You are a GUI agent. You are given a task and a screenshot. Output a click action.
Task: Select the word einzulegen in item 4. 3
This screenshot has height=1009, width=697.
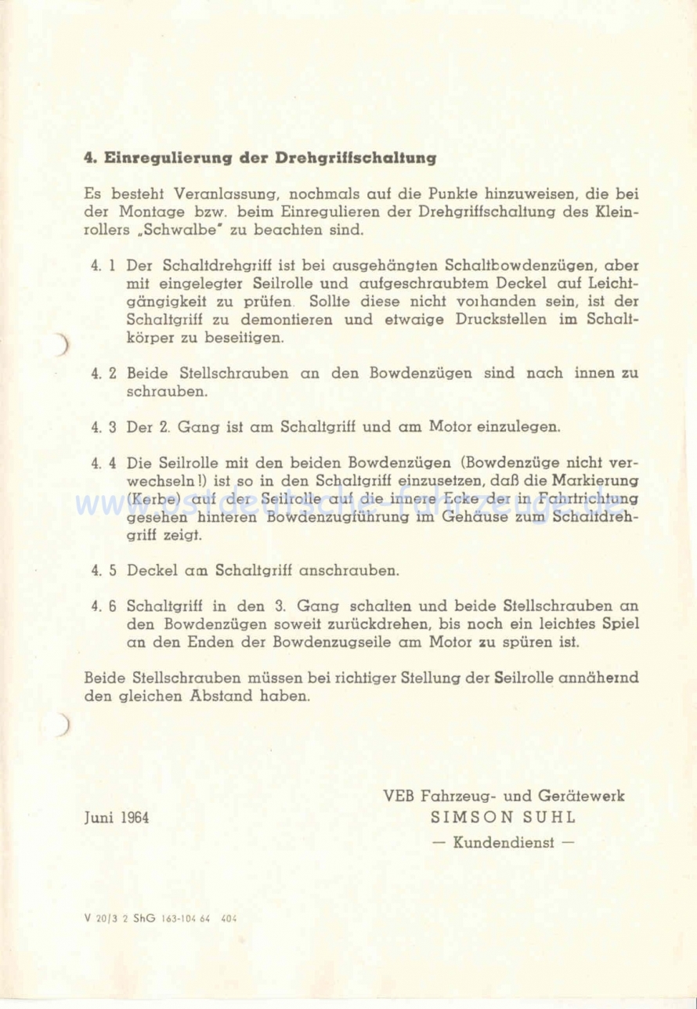click(520, 428)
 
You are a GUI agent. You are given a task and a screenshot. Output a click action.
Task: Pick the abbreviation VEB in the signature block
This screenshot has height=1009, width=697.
click(399, 796)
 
